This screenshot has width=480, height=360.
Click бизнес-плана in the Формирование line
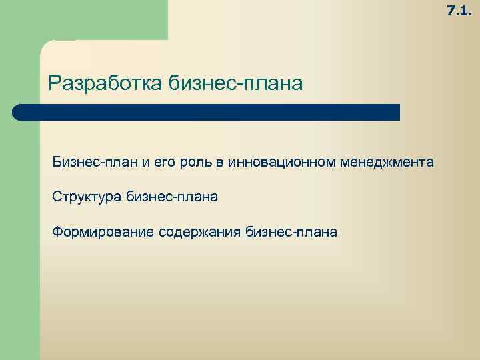291,232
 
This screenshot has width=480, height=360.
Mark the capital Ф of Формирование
58,232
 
